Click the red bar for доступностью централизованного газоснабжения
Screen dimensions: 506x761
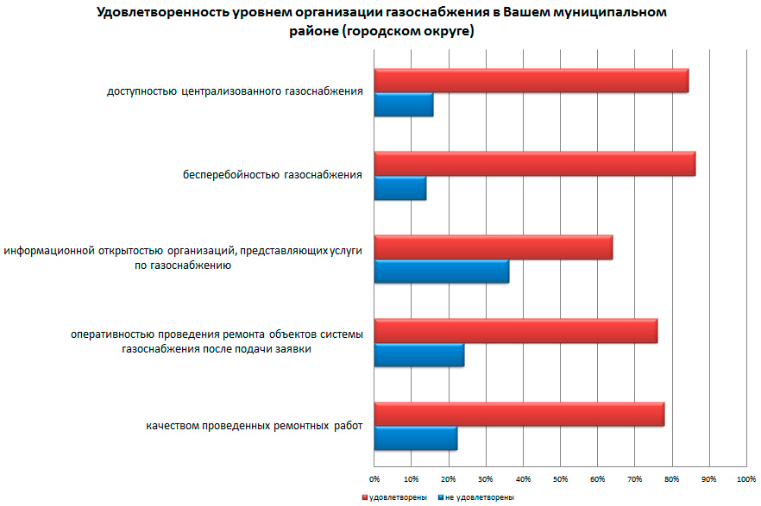531,80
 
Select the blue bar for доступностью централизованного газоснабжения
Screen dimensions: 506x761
403,104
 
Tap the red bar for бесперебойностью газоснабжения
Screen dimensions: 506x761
534,163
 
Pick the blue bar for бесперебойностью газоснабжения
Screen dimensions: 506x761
399,188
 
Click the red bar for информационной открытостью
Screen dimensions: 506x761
493,247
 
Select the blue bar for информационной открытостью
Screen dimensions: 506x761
441,271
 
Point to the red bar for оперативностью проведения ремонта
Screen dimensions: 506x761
515,330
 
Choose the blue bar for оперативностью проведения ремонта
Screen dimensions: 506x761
418,354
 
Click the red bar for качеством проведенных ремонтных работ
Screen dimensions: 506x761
519,414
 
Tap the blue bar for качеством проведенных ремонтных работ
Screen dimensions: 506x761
415,438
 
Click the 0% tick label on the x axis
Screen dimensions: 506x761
374,478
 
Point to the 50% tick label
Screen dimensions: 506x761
560,478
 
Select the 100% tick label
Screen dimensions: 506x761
745,478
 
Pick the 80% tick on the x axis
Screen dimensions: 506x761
671,478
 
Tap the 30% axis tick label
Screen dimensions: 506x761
486,478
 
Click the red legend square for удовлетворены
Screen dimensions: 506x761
365,497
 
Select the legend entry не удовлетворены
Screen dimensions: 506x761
479,497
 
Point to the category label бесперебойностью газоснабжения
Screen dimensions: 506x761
272,176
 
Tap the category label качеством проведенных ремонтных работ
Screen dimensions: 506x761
255,426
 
